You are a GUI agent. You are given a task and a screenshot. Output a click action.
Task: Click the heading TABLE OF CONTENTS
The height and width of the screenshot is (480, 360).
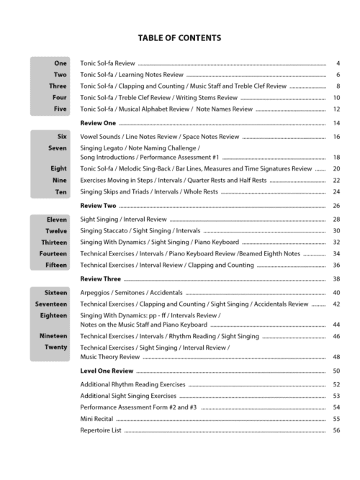(x=180, y=38)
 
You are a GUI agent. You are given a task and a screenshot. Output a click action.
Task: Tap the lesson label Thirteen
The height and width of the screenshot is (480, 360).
(x=53, y=243)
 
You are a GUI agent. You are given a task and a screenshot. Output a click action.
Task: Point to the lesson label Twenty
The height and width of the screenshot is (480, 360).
(x=55, y=348)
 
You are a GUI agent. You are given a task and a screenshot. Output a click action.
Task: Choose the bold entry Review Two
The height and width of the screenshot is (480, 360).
(x=98, y=206)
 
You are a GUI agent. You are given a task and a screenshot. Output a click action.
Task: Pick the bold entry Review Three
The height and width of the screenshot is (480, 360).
(x=100, y=279)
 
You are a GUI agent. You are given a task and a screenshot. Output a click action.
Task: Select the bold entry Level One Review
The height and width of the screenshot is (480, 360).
(x=107, y=371)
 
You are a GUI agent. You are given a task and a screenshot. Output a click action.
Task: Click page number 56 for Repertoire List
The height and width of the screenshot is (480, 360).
(x=336, y=430)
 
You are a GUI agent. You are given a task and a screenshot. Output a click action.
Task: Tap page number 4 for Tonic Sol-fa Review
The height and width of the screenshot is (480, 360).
(x=338, y=63)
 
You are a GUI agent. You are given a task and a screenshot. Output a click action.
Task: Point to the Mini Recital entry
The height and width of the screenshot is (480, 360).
(x=96, y=419)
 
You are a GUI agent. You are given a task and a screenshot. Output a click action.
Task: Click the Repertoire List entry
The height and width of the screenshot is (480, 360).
(x=101, y=430)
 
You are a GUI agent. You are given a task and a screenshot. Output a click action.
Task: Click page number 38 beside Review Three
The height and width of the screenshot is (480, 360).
(x=336, y=279)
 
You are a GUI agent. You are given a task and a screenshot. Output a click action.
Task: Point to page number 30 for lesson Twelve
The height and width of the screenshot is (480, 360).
(x=336, y=231)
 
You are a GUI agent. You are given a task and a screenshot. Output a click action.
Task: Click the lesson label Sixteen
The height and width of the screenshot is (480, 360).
(x=55, y=293)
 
